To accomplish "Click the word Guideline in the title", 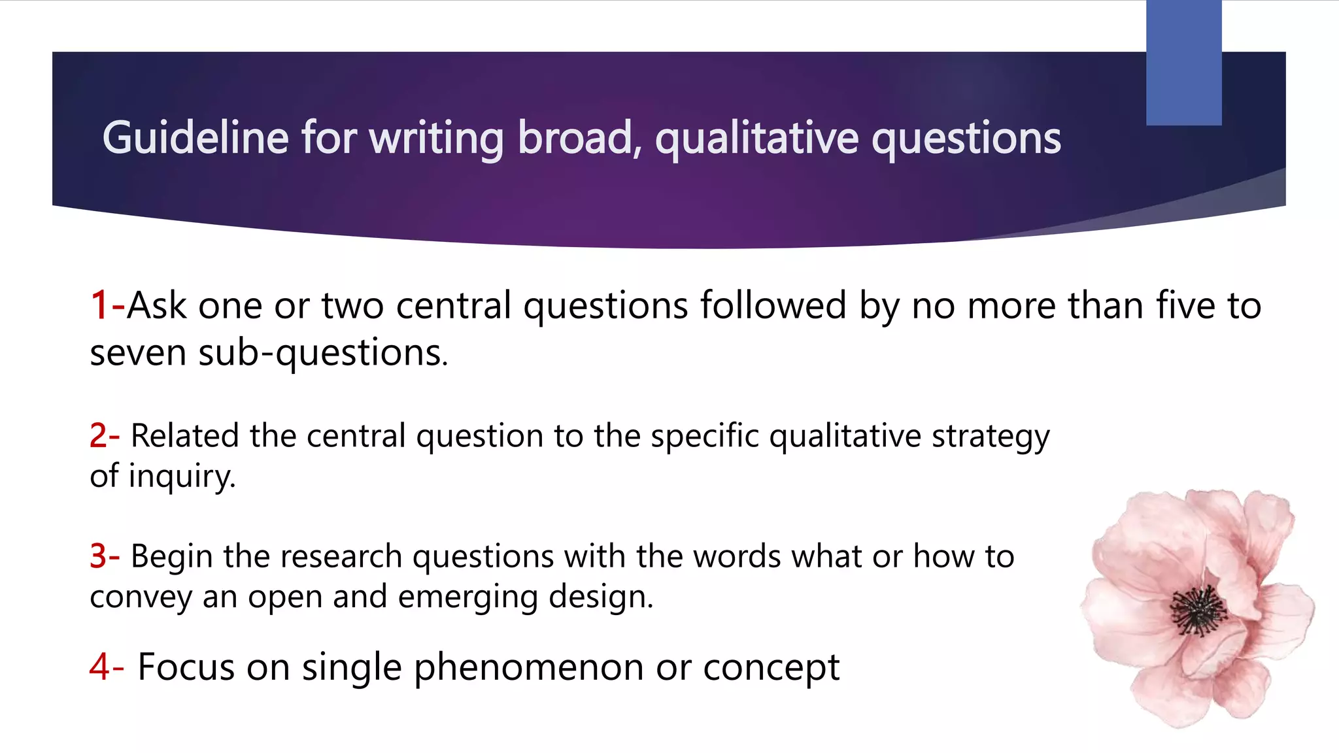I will [195, 138].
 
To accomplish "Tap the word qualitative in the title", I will [757, 139].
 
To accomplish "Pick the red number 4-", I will [107, 667].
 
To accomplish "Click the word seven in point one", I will [138, 353].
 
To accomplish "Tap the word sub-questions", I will [322, 353].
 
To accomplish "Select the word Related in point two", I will [184, 435].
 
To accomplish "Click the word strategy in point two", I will [990, 437].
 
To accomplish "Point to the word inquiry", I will [181, 476].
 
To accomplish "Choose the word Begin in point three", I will [171, 557].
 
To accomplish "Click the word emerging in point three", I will [467, 597].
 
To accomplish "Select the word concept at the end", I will [771, 668].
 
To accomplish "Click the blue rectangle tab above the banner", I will [1183, 62].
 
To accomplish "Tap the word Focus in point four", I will [186, 667].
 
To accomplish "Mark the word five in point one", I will [1184, 305].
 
